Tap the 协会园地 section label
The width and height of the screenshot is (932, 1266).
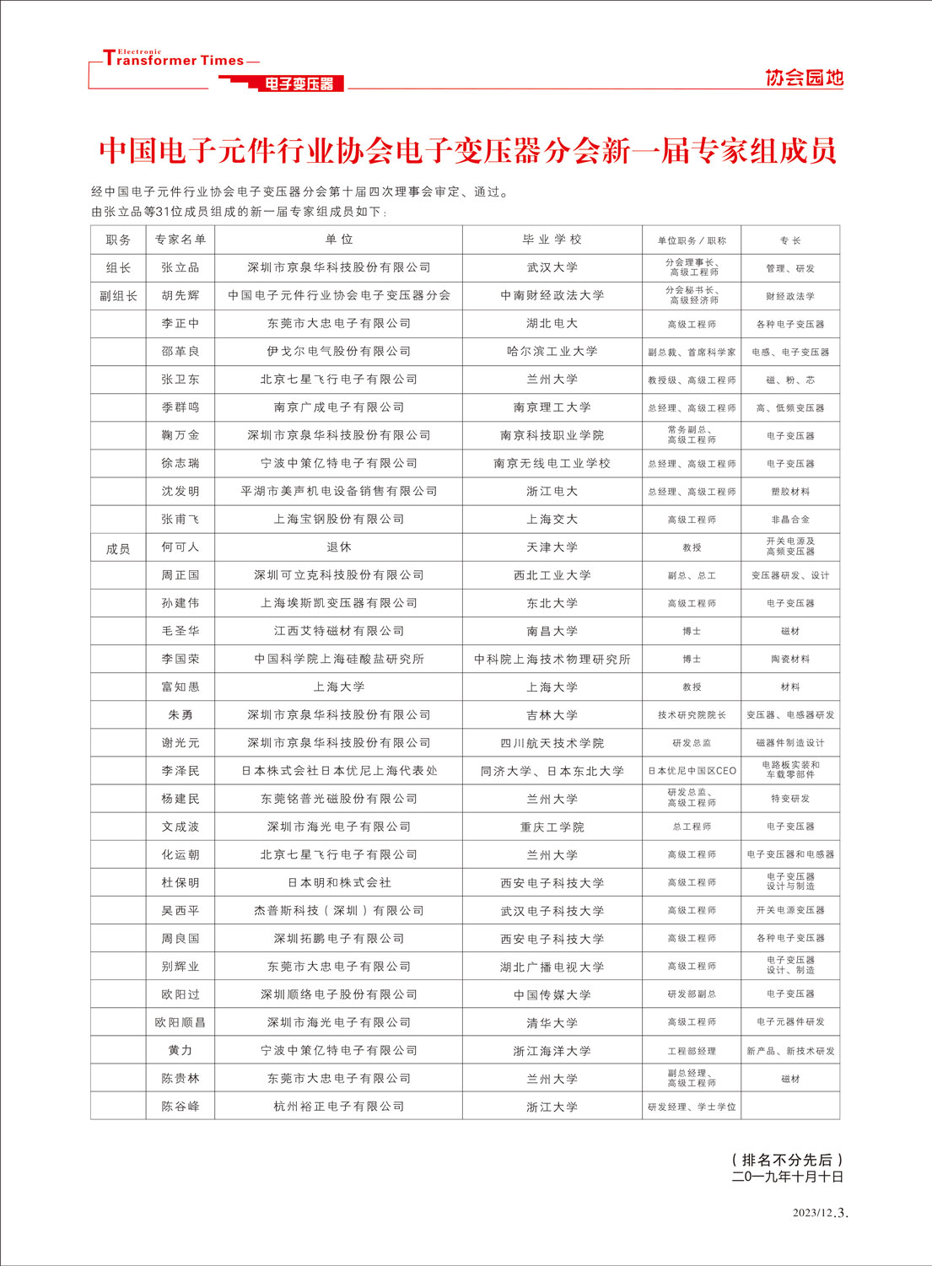[804, 78]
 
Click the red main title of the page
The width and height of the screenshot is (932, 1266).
[467, 150]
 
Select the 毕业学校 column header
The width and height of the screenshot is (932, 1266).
[552, 240]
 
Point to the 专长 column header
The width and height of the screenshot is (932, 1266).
[790, 240]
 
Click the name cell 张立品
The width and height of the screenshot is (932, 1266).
[180, 267]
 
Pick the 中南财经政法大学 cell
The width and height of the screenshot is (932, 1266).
[552, 295]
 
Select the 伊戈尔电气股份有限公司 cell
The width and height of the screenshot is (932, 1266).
[339, 351]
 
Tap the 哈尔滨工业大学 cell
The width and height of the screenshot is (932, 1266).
[552, 351]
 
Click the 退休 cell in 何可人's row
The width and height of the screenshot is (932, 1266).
[339, 547]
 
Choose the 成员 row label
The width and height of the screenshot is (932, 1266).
[118, 549]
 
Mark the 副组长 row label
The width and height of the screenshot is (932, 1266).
[118, 296]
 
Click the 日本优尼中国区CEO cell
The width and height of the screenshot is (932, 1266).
[692, 771]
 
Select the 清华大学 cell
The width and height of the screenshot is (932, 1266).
[552, 1023]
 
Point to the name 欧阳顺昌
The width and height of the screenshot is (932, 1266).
[180, 1022]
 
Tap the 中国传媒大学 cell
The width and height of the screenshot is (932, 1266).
[552, 995]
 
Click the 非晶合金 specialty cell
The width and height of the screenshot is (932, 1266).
[790, 520]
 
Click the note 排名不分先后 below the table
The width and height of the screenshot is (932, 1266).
[788, 1160]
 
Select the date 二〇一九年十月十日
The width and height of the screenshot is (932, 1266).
[788, 1177]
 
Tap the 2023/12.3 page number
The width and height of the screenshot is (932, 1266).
[820, 1213]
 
